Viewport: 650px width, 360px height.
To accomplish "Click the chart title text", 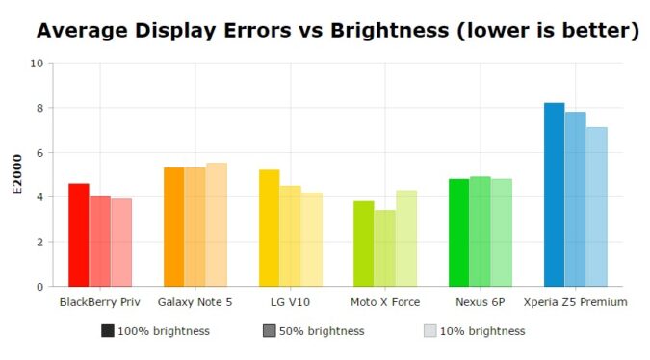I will [x=338, y=31].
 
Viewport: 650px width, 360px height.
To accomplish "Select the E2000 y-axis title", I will [x=16, y=174].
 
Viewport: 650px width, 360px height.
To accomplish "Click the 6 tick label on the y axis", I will [x=39, y=153].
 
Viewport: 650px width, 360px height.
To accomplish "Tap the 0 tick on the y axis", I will [x=39, y=287].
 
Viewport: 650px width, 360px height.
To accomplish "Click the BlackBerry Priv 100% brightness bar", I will [x=78, y=235].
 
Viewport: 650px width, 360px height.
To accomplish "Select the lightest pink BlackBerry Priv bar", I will [x=120, y=243].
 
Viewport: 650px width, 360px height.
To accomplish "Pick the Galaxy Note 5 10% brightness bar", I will [x=216, y=224].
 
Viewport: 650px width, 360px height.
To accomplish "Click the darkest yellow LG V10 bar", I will [x=269, y=228].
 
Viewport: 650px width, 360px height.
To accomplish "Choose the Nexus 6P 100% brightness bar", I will [x=458, y=233].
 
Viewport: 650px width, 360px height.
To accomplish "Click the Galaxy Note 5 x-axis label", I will [x=195, y=302].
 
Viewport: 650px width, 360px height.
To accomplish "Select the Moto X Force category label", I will [x=385, y=302].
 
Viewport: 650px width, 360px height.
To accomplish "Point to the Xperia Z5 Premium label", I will [x=575, y=302].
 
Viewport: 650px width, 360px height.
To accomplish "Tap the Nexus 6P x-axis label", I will [x=480, y=302].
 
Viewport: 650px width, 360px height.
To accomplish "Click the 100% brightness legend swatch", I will [x=107, y=331].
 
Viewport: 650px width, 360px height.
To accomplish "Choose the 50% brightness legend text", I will [x=322, y=331].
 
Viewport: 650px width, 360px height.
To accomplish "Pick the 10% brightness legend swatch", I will [x=430, y=331].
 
